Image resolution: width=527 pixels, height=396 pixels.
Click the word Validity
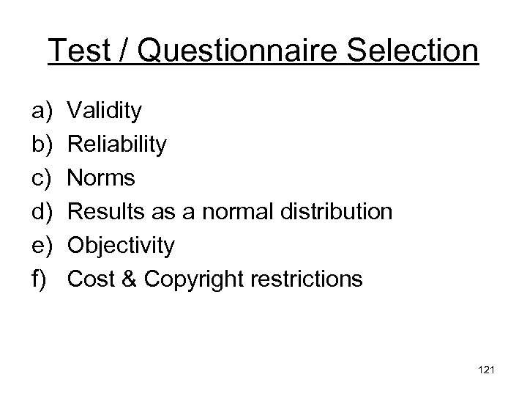(x=105, y=112)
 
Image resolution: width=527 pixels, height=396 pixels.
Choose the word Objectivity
(x=121, y=246)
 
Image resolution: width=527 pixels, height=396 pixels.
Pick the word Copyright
(x=193, y=279)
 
